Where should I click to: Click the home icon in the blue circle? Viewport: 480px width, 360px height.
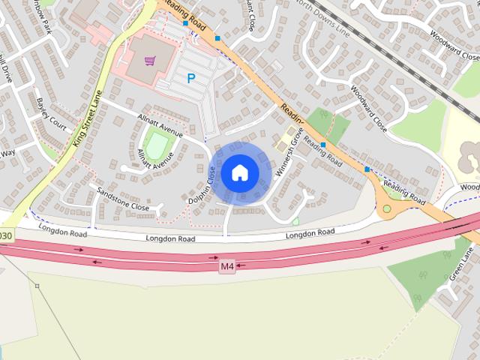[239, 172]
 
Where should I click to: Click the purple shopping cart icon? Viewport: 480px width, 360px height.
[151, 61]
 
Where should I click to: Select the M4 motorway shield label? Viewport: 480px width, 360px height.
[227, 266]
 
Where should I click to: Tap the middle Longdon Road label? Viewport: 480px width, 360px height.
[170, 238]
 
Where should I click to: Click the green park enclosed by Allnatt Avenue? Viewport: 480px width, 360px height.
[157, 144]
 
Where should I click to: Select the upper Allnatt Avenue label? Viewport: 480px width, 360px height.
[160, 124]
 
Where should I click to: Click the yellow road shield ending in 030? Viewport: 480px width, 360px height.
[6, 235]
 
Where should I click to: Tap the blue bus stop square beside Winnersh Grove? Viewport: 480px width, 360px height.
[323, 144]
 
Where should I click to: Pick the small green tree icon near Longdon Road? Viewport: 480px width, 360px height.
[295, 220]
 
